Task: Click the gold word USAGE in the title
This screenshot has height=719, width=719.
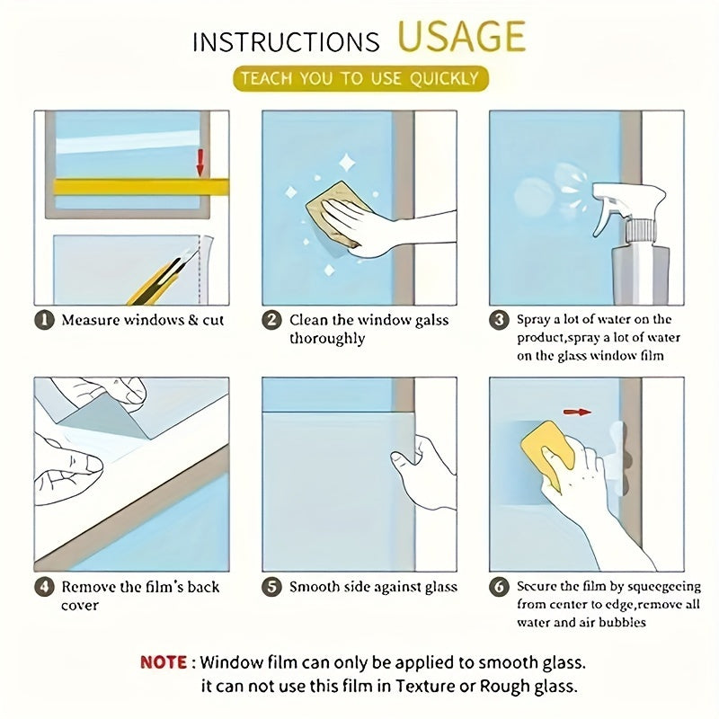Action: [x=461, y=36]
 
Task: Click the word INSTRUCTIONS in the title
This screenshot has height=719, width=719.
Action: [x=286, y=42]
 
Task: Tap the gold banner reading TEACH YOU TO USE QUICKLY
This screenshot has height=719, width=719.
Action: [x=360, y=78]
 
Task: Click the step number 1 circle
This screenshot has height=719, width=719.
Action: [x=44, y=320]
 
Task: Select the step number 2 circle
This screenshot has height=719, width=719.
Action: [x=271, y=320]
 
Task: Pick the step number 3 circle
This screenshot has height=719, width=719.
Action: [x=499, y=320]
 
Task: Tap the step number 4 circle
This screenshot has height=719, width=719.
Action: [x=44, y=587]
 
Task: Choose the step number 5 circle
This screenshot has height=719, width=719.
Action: [x=271, y=587]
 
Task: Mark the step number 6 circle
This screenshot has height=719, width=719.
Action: [x=499, y=587]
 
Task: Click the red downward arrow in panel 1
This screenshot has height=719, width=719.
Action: [x=200, y=163]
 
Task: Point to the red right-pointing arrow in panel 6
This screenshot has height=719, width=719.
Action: [x=577, y=413]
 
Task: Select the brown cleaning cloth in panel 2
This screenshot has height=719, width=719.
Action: [x=337, y=214]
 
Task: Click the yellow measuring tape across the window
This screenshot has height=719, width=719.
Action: [x=141, y=187]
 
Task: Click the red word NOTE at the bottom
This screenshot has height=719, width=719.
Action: [x=164, y=662]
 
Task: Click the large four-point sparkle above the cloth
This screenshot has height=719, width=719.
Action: [x=347, y=163]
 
